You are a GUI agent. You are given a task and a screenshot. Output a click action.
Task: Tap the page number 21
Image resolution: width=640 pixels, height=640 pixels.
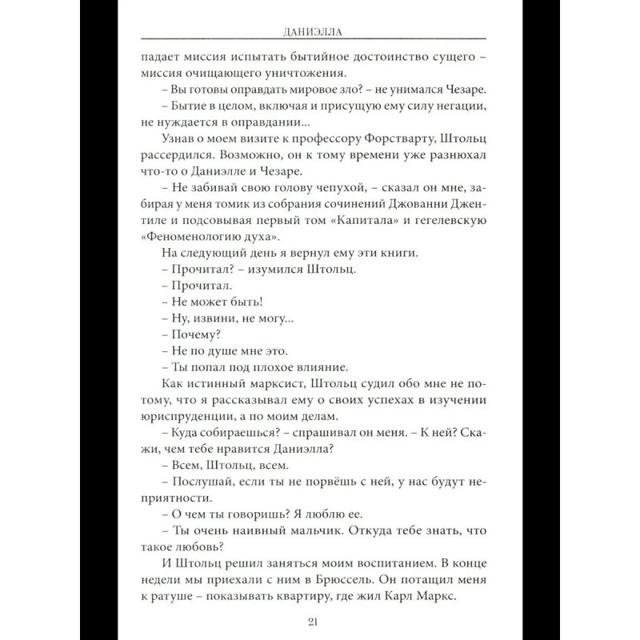coord(320,622)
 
